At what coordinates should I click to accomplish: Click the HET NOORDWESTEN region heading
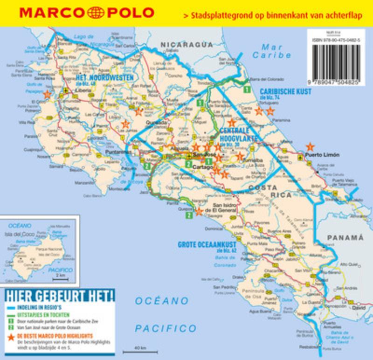104,77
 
